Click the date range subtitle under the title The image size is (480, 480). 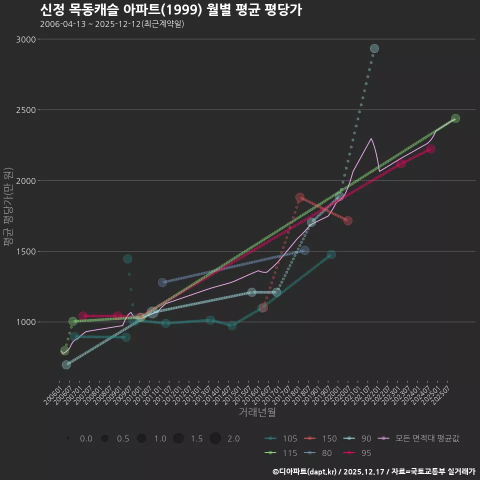112,24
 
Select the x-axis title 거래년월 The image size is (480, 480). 257,412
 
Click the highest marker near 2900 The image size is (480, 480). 374,48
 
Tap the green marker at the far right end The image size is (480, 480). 455,118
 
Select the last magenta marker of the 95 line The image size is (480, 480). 430,149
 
